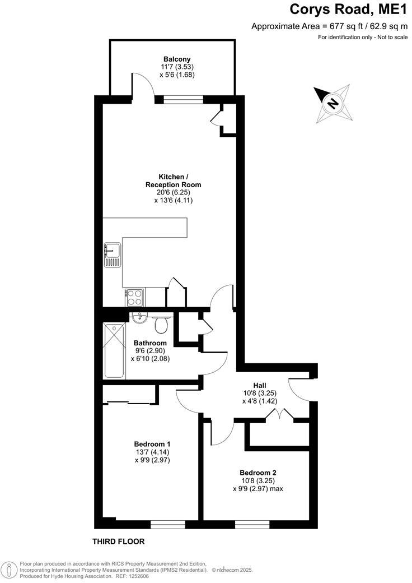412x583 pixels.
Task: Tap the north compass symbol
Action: (334, 103)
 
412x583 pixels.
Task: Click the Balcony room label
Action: (177, 59)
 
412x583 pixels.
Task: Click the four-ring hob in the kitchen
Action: (135, 297)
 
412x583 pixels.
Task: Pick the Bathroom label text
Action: (150, 343)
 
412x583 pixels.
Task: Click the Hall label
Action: (259, 385)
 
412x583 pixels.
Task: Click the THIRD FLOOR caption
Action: (118, 542)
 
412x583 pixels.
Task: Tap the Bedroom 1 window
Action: (167, 525)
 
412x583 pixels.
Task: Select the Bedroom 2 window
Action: (252, 525)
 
